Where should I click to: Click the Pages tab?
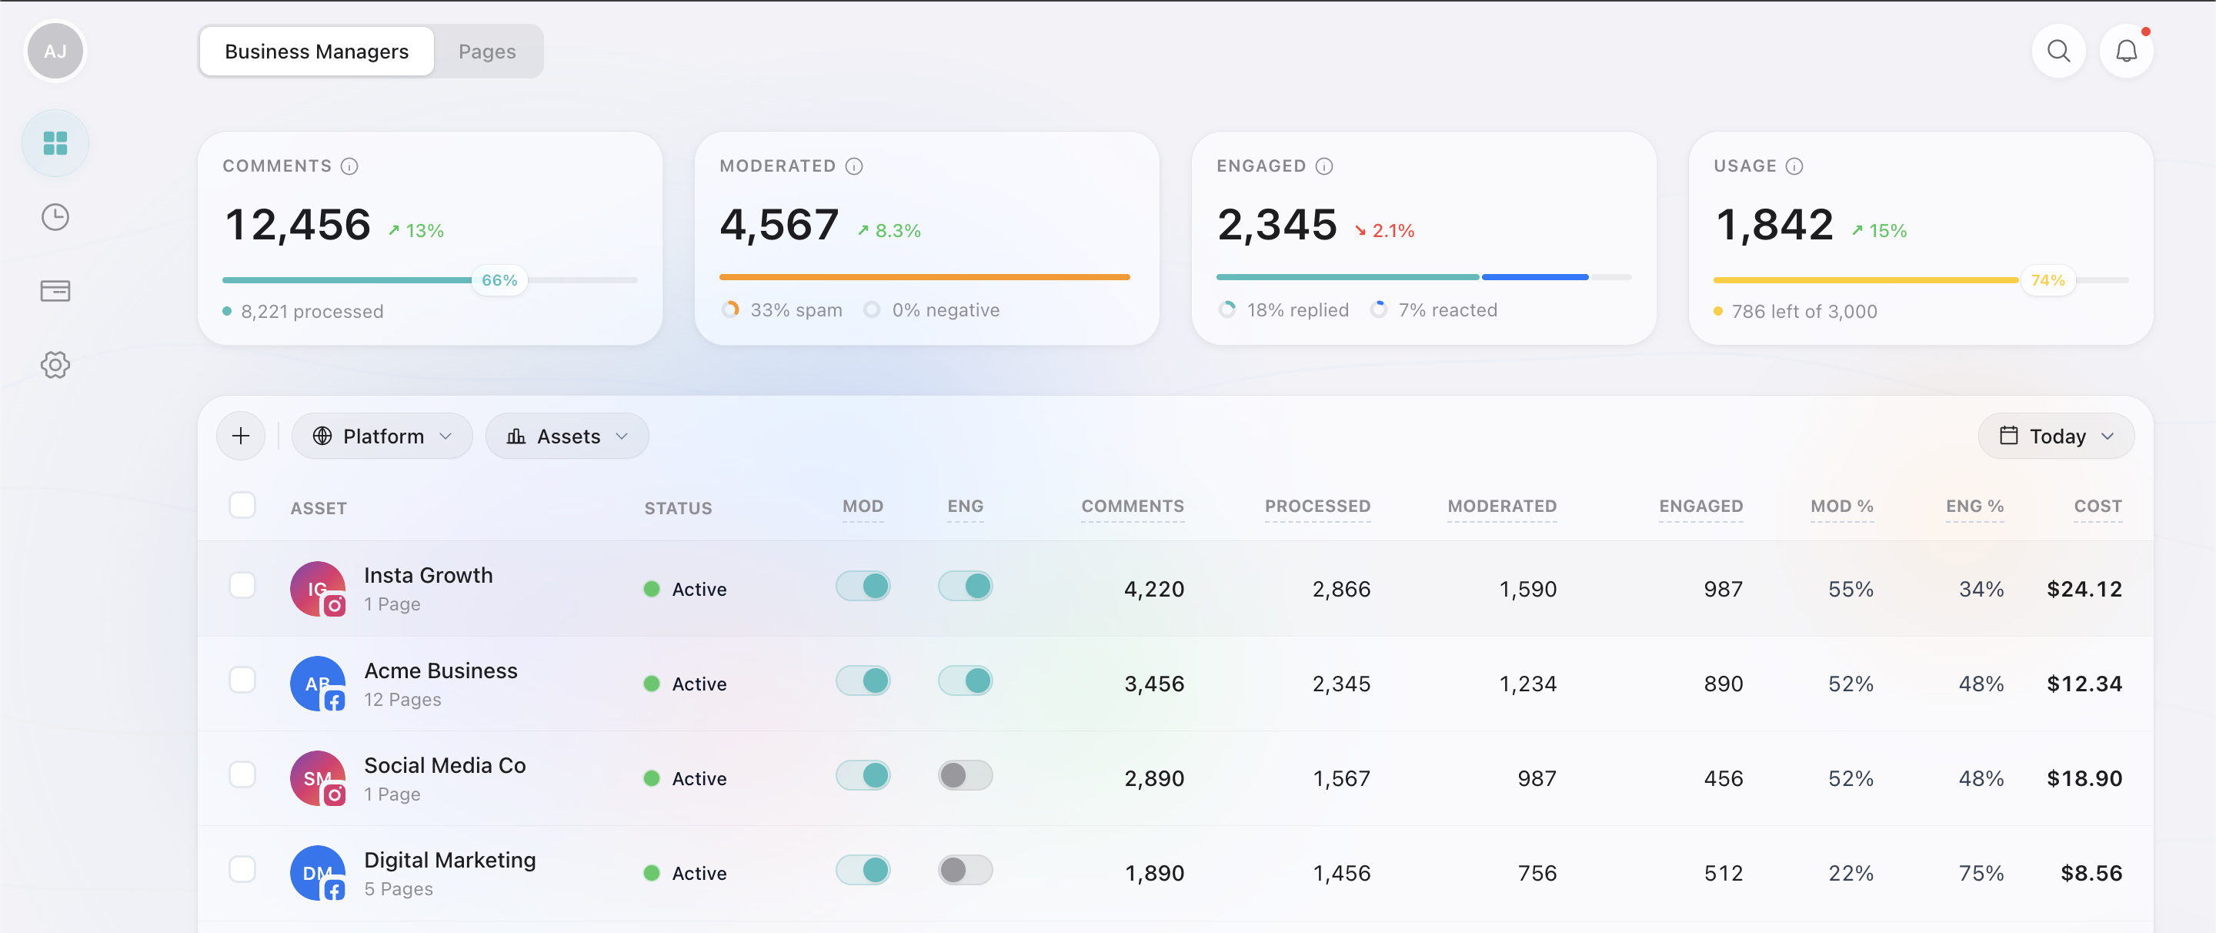click(487, 52)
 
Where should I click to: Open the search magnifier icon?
click(2057, 52)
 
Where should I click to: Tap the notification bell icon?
click(2126, 52)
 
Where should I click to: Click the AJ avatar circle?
click(55, 52)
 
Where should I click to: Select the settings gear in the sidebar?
click(55, 365)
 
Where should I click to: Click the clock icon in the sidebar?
click(55, 217)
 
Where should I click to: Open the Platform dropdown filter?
click(382, 436)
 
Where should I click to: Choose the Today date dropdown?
click(2056, 436)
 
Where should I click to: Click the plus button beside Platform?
click(241, 436)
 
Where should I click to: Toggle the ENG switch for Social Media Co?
click(964, 775)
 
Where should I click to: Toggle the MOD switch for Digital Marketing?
click(863, 870)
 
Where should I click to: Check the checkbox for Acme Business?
click(242, 680)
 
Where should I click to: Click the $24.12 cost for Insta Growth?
click(2084, 590)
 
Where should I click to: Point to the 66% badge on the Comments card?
click(499, 280)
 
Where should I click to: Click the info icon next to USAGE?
click(1794, 166)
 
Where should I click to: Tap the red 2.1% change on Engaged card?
click(1384, 231)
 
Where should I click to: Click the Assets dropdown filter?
click(567, 436)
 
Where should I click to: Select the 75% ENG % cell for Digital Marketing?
click(1981, 874)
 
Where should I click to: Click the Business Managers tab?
click(316, 52)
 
